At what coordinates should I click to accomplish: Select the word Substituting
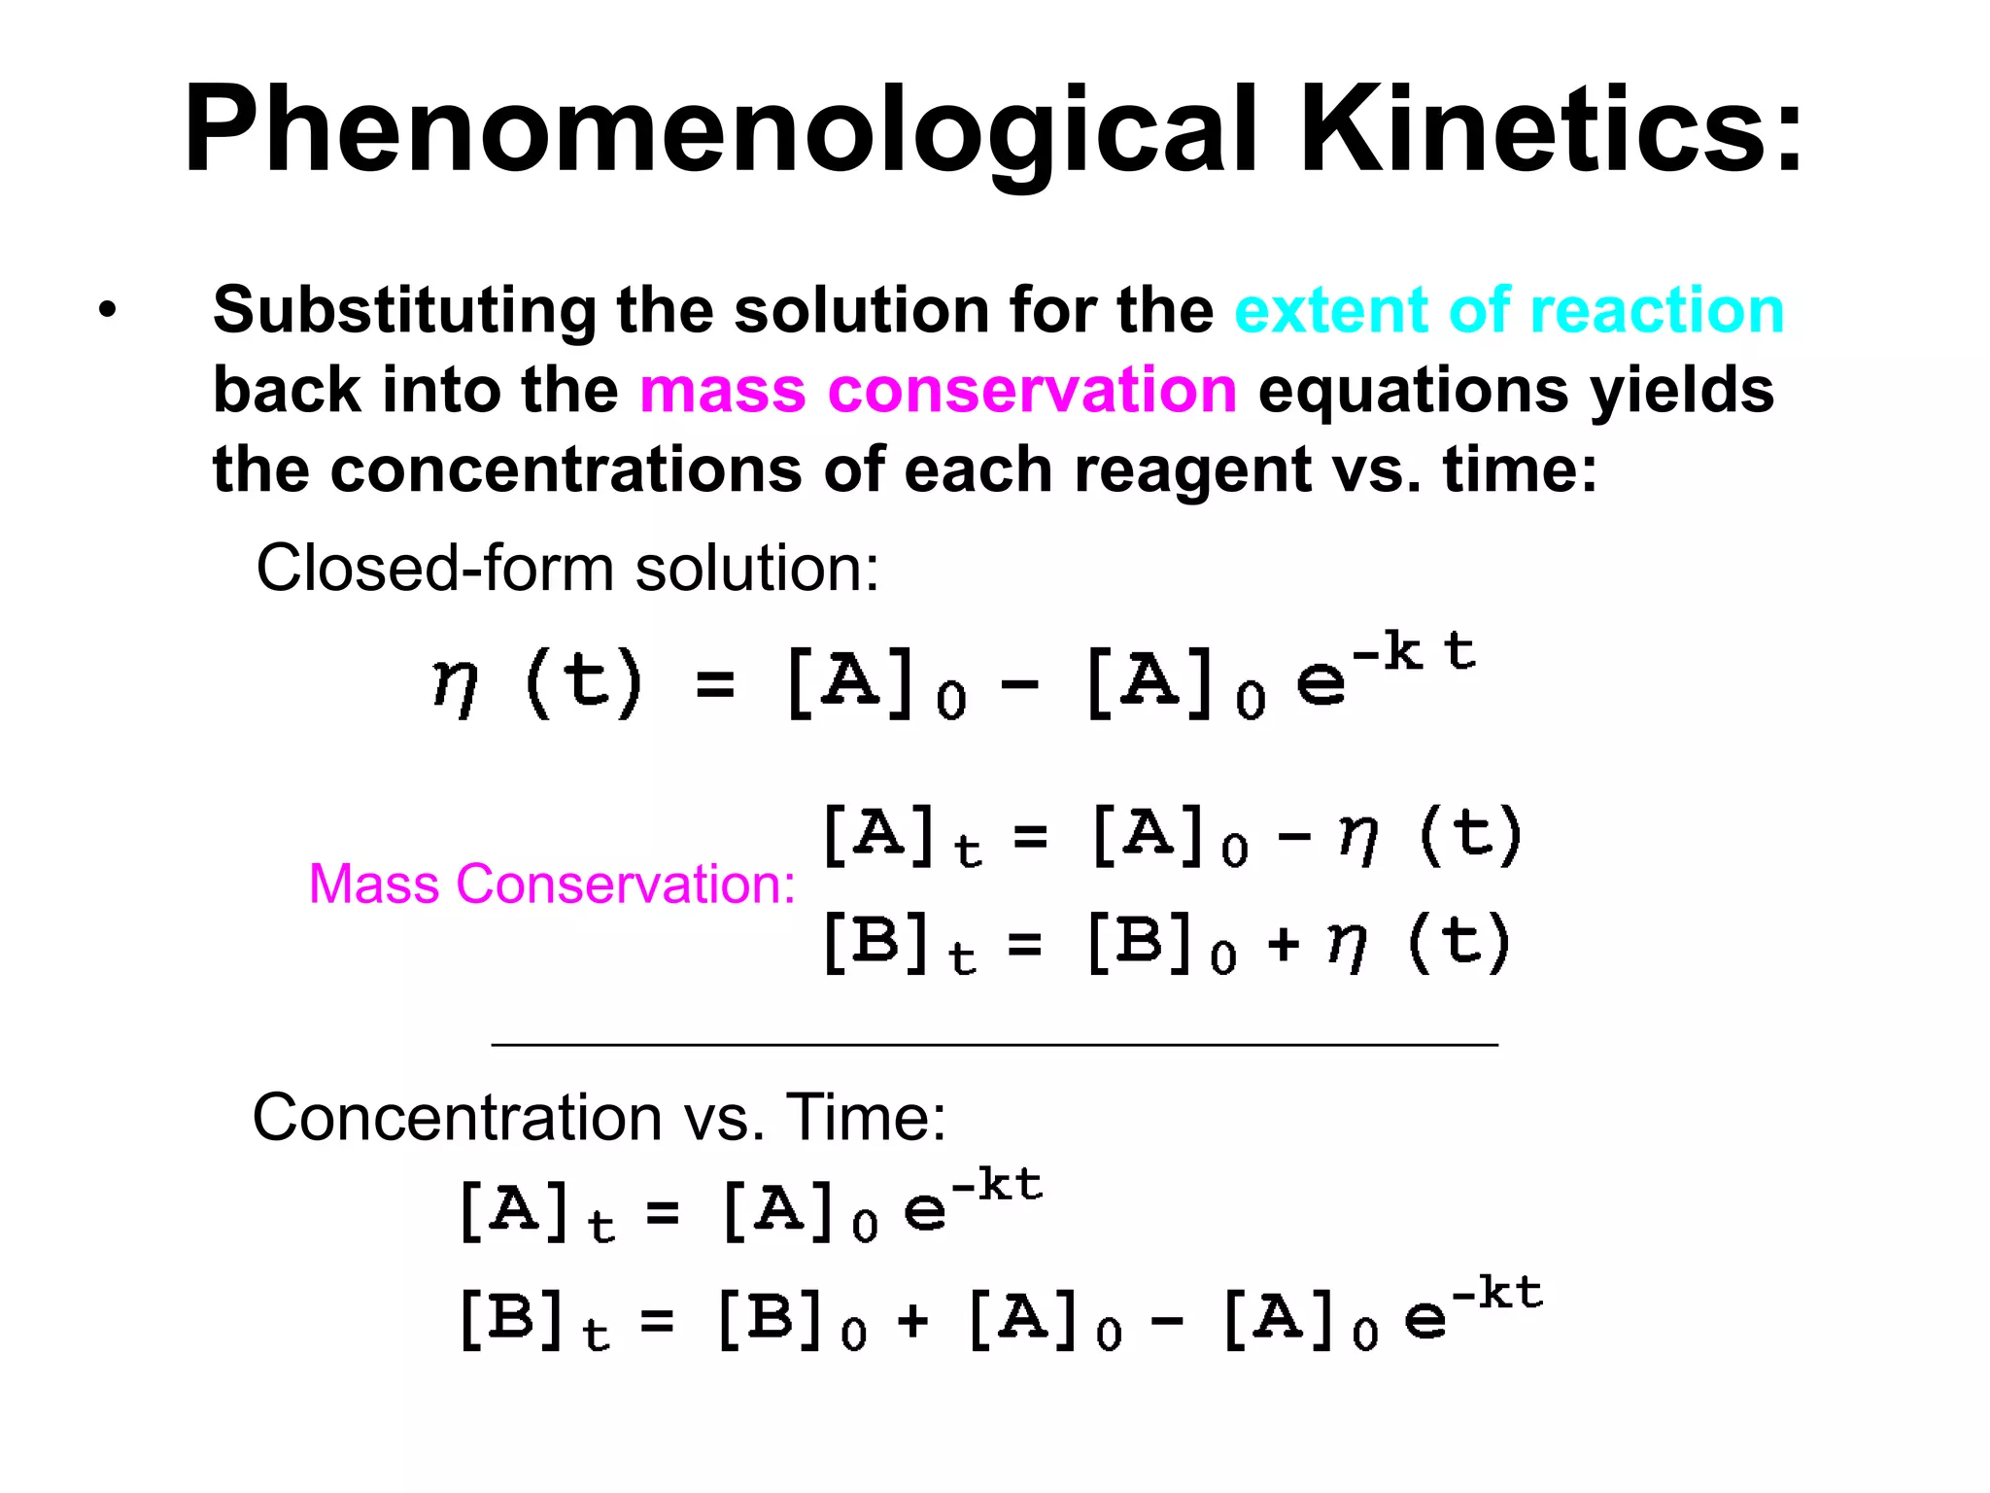coord(404,311)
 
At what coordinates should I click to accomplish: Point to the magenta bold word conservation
coord(1032,391)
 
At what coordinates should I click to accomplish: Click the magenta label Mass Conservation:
coord(552,885)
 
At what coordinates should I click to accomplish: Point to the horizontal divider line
coord(994,1044)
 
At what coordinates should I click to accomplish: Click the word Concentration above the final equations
coord(457,1118)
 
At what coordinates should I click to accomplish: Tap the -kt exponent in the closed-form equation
coord(1415,651)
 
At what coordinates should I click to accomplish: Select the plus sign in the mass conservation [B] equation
coord(1284,943)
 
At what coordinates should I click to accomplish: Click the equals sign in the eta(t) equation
coord(715,685)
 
